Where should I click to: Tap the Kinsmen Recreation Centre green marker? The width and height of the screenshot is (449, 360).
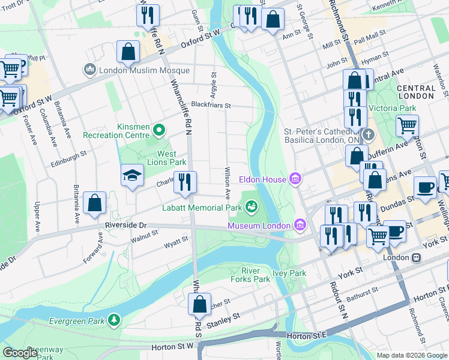[159, 130]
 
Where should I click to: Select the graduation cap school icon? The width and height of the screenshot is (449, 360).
[132, 176]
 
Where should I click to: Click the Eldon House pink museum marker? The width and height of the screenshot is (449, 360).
[294, 179]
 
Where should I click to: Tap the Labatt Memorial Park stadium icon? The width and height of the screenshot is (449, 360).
[252, 208]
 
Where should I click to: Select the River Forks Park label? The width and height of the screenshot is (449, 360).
[251, 275]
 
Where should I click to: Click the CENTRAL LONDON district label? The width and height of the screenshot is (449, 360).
[416, 92]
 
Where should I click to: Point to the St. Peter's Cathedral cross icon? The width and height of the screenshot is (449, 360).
[368, 134]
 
